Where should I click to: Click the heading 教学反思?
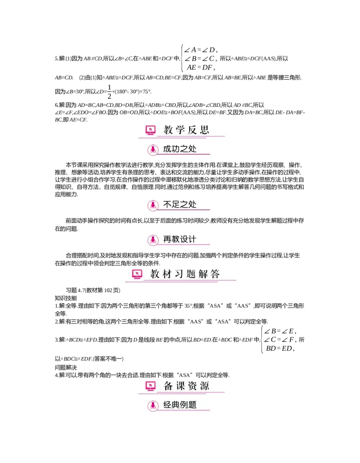(186, 131)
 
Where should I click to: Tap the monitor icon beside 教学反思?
(150, 131)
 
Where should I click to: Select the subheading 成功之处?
(180, 149)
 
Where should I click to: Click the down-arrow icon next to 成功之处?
(153, 150)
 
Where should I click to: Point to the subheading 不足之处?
(180, 204)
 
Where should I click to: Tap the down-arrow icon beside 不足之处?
(153, 205)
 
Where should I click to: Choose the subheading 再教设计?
(180, 239)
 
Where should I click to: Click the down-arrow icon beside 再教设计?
(153, 240)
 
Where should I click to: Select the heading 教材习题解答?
(185, 274)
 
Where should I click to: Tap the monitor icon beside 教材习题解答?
(137, 274)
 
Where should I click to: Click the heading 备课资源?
(186, 386)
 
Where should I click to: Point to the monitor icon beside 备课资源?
(150, 386)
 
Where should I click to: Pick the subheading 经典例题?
(180, 404)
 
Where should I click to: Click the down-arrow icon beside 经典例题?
(153, 405)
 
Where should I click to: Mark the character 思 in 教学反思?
(204, 131)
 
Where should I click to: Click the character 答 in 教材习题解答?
(215, 274)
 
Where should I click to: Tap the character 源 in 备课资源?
(204, 386)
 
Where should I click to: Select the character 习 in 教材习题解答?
(179, 274)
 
